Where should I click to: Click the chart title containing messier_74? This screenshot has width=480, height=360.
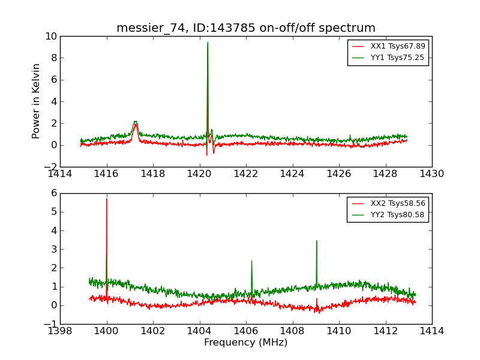(x=246, y=28)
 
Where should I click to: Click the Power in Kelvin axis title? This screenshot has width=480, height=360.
(x=37, y=101)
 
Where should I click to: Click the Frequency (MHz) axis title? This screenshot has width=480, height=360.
(x=246, y=343)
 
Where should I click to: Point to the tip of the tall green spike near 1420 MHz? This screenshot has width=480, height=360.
(x=208, y=42)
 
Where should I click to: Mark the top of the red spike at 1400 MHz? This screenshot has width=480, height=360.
(x=107, y=199)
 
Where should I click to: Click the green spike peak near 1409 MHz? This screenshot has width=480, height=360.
(x=316, y=241)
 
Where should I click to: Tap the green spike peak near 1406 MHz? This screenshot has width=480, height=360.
(x=251, y=260)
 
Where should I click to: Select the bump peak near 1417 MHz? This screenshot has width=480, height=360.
(x=136, y=121)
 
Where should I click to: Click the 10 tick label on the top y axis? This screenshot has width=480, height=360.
(x=50, y=36)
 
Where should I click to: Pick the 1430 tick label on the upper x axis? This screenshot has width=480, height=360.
(x=432, y=174)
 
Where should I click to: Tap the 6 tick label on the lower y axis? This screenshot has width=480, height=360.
(x=53, y=193)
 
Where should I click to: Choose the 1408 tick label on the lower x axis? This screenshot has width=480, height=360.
(x=292, y=331)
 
